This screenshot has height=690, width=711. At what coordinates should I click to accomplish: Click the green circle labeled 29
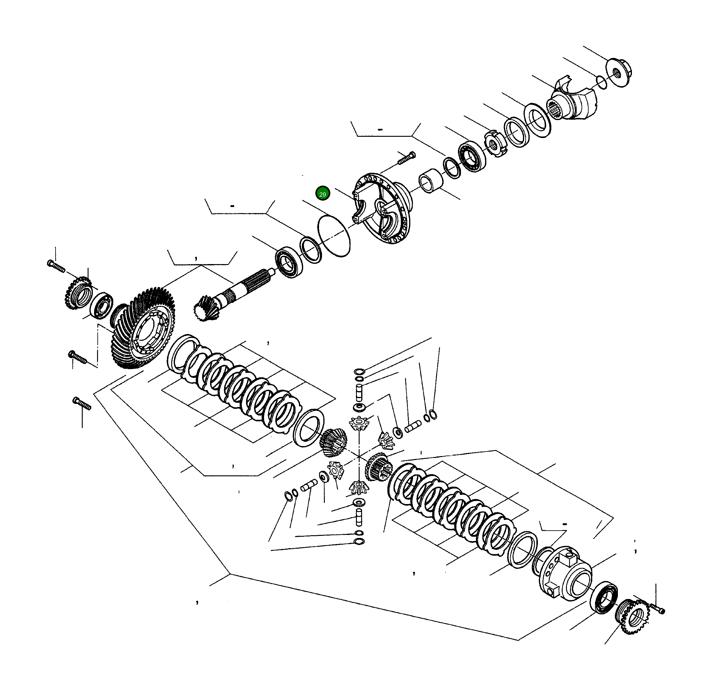click(322, 194)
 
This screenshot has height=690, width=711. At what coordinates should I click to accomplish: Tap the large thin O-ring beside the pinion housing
click(334, 236)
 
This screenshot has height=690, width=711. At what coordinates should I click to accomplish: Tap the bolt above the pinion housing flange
click(407, 158)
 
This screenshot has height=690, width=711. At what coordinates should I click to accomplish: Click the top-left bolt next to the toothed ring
click(56, 266)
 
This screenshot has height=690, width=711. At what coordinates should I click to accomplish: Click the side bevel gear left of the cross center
click(332, 443)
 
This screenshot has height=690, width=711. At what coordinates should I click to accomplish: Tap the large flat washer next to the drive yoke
click(538, 120)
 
